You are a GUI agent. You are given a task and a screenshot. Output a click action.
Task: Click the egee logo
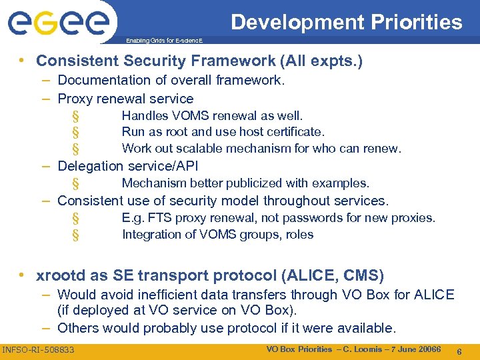[x=58, y=23]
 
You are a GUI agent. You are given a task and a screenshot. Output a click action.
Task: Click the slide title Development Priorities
[x=346, y=22]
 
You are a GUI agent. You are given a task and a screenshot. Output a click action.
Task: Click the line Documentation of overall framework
[x=171, y=81]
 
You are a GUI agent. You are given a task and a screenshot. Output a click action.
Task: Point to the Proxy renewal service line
[x=125, y=99]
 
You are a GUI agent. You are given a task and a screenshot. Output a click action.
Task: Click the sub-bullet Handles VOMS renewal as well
[x=212, y=116]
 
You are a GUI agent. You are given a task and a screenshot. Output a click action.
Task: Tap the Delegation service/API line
[x=128, y=167]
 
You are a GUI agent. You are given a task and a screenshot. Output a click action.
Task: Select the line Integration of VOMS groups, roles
[x=217, y=235]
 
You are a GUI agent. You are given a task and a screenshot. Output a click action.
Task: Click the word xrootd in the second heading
[x=62, y=275]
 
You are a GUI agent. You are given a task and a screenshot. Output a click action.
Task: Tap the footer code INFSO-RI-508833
[x=39, y=350]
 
